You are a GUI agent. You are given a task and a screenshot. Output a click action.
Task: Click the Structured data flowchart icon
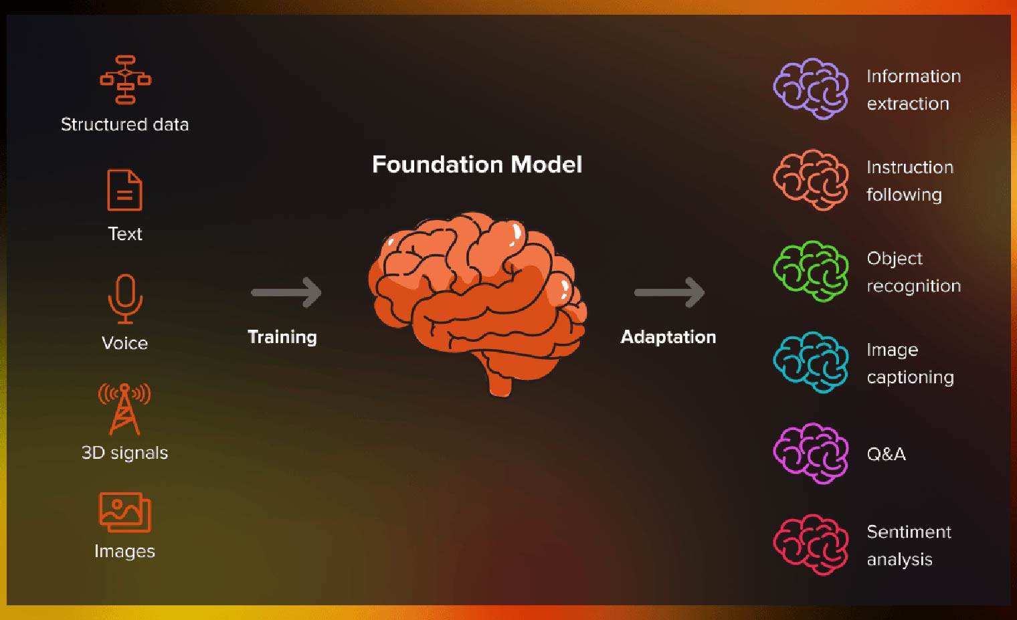click(x=125, y=80)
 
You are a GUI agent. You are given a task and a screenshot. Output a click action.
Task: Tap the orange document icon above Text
click(x=124, y=190)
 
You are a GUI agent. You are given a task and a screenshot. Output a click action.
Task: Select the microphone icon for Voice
click(x=125, y=300)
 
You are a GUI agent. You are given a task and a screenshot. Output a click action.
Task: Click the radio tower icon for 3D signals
click(x=124, y=409)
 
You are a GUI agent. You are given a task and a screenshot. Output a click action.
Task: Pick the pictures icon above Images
click(x=125, y=512)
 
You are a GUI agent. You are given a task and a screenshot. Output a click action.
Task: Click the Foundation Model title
click(x=477, y=165)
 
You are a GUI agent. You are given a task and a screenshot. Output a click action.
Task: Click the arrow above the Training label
click(x=286, y=292)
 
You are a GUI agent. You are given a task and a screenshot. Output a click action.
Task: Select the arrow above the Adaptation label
click(x=670, y=292)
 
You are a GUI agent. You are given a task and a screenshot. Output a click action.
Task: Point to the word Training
click(x=282, y=338)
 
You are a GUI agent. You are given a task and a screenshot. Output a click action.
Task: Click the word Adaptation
click(x=668, y=337)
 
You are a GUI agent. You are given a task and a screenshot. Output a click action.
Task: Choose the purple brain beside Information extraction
click(x=811, y=89)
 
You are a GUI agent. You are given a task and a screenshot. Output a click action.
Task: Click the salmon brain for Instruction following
click(x=811, y=180)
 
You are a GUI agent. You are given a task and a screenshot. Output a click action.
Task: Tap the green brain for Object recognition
click(x=811, y=272)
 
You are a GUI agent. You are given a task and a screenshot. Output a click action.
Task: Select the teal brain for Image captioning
click(x=811, y=363)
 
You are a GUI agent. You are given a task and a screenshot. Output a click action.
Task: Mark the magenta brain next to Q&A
click(x=811, y=454)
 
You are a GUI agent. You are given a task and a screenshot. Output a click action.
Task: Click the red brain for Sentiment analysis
click(x=811, y=545)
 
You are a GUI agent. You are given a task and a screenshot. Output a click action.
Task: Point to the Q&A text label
click(x=887, y=454)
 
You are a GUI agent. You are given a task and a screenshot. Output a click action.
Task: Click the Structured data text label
click(x=125, y=124)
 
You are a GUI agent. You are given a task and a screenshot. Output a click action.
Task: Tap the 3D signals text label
click(x=125, y=453)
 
